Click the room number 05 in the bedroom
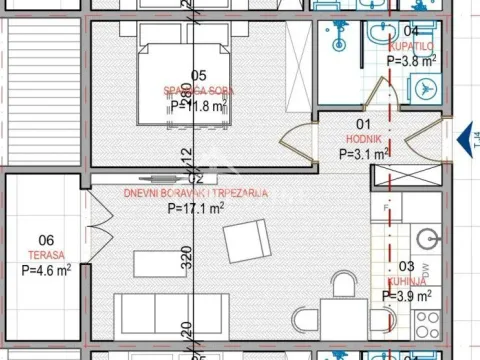click(198, 76)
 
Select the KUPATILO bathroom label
click(411, 46)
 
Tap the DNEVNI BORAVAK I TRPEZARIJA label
click(195, 194)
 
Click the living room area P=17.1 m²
click(195, 209)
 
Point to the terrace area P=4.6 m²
click(46, 270)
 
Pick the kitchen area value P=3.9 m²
click(407, 296)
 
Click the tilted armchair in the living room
click(246, 241)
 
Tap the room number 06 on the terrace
click(46, 240)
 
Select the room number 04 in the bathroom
click(410, 31)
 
